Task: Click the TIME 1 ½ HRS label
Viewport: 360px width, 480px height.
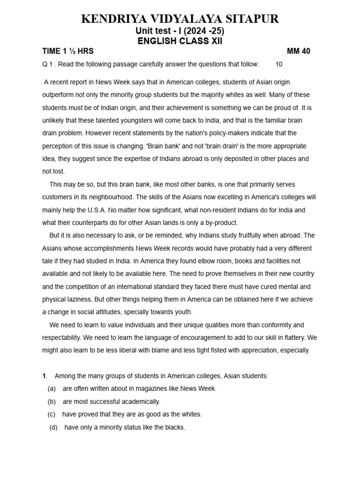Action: tap(68, 52)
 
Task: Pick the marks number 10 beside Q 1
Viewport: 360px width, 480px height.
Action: tap(279, 64)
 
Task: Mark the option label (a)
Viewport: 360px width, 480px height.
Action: tap(52, 389)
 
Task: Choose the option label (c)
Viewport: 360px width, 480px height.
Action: tap(52, 414)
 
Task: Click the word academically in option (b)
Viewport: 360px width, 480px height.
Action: tap(141, 402)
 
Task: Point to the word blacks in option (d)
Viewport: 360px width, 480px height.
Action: tap(175, 427)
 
